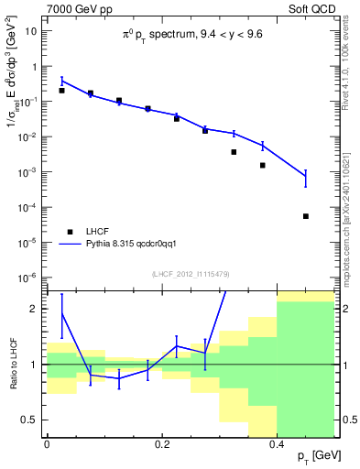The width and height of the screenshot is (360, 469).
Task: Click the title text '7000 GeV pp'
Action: pos(72,8)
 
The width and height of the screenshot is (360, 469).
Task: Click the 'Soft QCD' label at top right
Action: pos(312,8)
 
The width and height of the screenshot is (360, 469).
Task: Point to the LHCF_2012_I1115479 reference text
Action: pos(190,275)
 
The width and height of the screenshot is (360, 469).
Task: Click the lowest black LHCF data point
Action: pos(306,216)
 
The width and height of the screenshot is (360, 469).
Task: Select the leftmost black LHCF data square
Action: pos(61,91)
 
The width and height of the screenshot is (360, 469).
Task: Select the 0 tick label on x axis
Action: pos(47,444)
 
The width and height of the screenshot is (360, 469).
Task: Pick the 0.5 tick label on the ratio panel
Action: pos(32,420)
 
